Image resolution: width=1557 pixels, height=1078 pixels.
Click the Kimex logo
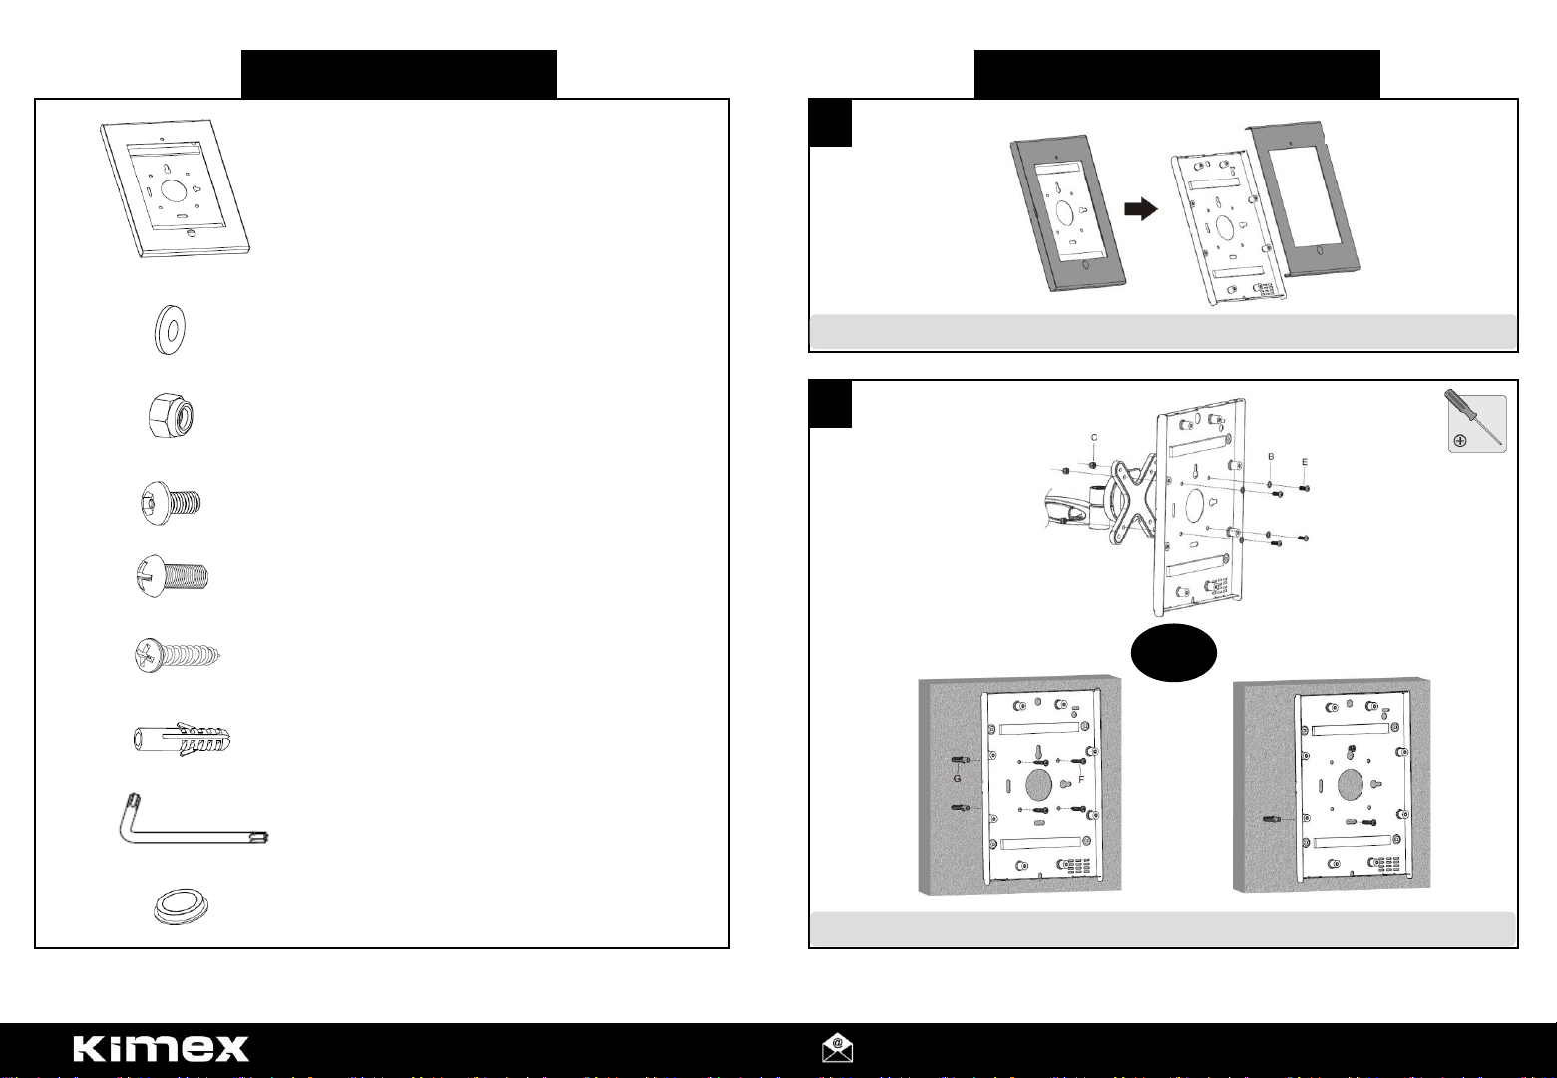pos(162,1048)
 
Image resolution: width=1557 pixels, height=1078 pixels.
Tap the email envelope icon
pos(837,1047)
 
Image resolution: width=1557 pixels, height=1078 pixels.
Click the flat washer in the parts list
pos(170,329)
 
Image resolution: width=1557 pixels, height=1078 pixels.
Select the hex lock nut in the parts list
pos(171,416)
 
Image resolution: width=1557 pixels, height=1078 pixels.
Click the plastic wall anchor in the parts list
pos(183,739)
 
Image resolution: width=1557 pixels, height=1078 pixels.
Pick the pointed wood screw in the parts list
pos(178,655)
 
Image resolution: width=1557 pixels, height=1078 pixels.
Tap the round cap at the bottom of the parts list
pos(181,905)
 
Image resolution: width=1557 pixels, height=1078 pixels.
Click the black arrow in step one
pos(1141,209)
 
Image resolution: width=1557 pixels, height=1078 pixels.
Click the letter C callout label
pos(1094,437)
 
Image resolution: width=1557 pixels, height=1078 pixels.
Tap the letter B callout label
pos(1271,457)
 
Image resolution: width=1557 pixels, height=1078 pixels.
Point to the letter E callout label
pos(1304,462)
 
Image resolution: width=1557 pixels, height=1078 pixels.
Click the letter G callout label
pos(957,779)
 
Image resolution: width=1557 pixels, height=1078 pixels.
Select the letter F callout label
pos(1081,780)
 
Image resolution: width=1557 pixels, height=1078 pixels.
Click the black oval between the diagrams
pos(1173,653)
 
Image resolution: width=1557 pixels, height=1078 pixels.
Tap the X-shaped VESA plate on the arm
pos(1134,502)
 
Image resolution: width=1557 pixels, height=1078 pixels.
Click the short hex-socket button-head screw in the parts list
pos(171,502)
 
